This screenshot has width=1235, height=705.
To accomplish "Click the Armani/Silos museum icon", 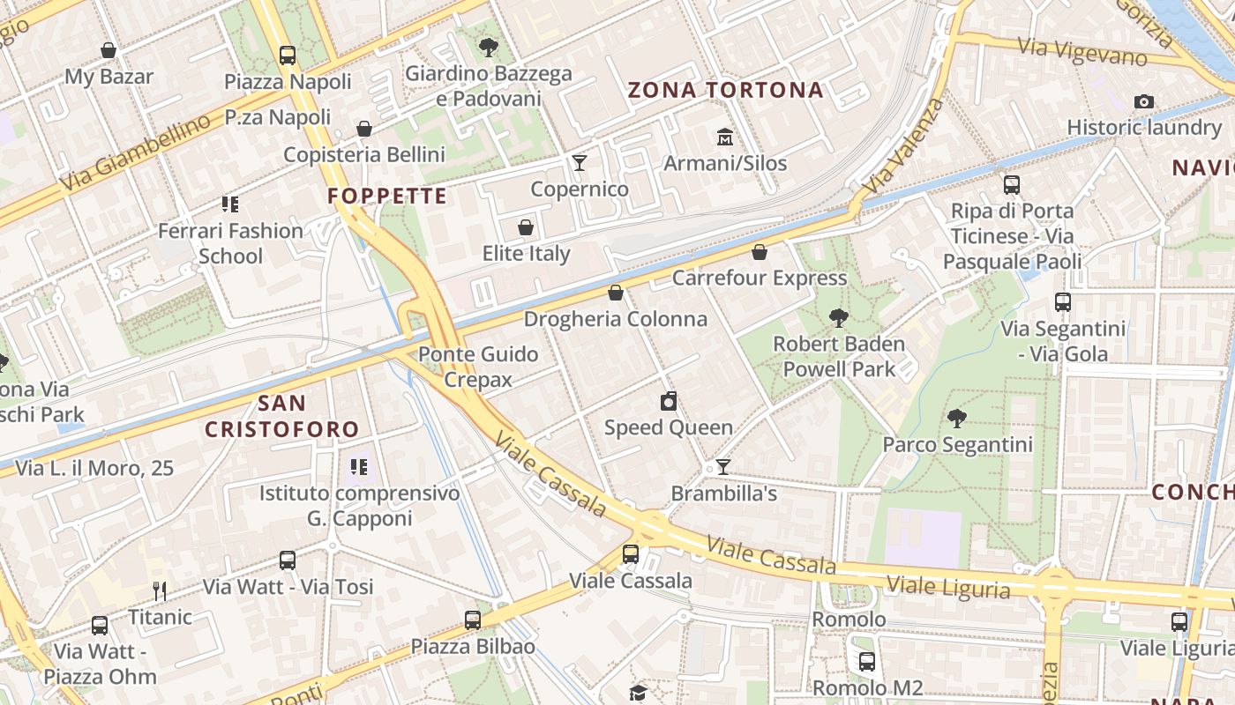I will pyautogui.click(x=725, y=137).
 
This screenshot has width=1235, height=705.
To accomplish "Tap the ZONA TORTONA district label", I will pyautogui.click(x=725, y=90).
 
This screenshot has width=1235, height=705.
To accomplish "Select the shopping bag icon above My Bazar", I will pyautogui.click(x=109, y=50).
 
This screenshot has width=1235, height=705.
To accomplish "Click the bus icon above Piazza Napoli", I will pyautogui.click(x=288, y=56).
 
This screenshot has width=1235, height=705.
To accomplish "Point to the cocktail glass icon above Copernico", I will pyautogui.click(x=580, y=162).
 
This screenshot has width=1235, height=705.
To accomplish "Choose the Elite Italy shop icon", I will pyautogui.click(x=526, y=227).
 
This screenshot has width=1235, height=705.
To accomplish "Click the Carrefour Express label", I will pyautogui.click(x=759, y=278).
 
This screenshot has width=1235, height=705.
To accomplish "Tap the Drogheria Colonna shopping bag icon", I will pyautogui.click(x=616, y=293).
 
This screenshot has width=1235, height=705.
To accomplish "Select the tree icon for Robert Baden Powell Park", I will pyautogui.click(x=838, y=317).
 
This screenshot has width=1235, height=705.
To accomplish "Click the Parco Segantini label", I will pyautogui.click(x=957, y=444).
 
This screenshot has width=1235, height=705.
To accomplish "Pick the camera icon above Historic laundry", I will pyautogui.click(x=1144, y=101).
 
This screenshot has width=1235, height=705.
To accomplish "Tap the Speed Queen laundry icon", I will pyautogui.click(x=669, y=402).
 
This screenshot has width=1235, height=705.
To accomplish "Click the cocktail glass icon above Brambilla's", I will pyautogui.click(x=723, y=467).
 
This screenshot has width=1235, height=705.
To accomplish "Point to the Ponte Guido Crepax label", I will pyautogui.click(x=478, y=367).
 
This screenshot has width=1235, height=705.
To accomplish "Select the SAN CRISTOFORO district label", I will pyautogui.click(x=282, y=416).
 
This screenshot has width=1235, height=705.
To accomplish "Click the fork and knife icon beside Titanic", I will pyautogui.click(x=160, y=590).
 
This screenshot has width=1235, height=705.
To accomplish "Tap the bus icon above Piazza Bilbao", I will pyautogui.click(x=473, y=620).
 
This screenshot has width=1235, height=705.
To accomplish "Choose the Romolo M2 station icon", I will pyautogui.click(x=867, y=661).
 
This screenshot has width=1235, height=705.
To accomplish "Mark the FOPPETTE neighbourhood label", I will pyautogui.click(x=387, y=196).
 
